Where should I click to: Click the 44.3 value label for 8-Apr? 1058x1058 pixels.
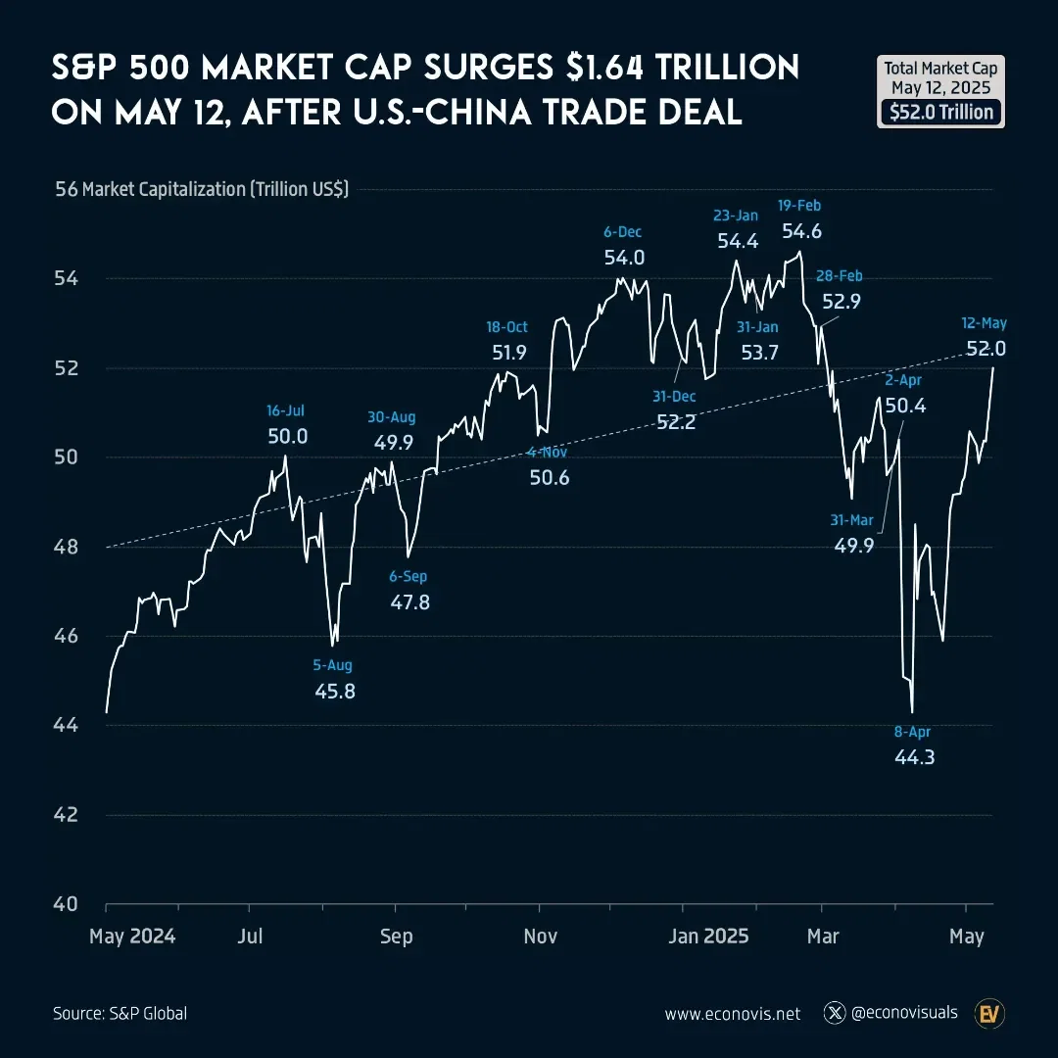[x=914, y=756]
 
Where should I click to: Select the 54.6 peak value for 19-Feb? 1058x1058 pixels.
[x=801, y=231]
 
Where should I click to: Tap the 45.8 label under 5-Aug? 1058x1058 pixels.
[x=335, y=692]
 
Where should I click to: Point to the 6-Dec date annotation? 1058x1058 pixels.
[x=622, y=232]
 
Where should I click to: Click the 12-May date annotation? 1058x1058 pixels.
[x=985, y=323]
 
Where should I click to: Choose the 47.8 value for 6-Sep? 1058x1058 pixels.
[x=409, y=602]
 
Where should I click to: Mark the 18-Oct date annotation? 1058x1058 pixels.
[x=506, y=327]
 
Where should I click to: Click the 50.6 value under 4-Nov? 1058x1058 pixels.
[x=550, y=478]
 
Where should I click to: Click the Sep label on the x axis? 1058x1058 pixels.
[x=396, y=937]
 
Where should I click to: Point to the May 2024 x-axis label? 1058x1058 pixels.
[x=132, y=937]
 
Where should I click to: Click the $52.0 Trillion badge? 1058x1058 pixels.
[x=941, y=112]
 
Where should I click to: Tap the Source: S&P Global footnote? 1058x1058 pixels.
[x=120, y=1014]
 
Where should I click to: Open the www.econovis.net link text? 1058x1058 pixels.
[x=732, y=1014]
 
